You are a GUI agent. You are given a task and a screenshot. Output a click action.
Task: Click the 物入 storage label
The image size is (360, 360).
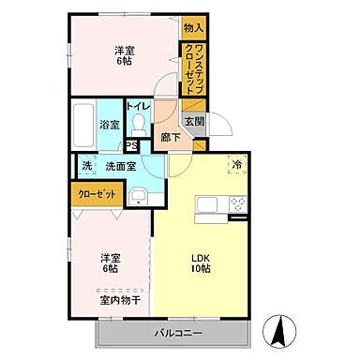[193, 27]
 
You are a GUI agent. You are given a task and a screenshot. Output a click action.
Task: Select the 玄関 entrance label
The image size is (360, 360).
[194, 120]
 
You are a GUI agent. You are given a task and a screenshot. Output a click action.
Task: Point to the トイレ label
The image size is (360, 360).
[136, 106]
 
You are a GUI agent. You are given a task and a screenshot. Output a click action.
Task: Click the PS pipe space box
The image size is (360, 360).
[132, 144]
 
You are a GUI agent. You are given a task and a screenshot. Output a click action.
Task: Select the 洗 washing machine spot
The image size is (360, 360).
[86, 166]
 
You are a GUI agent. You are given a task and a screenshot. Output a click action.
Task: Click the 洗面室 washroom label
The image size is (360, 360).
[120, 166]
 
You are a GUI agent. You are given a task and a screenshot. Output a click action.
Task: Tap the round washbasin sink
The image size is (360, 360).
[139, 196]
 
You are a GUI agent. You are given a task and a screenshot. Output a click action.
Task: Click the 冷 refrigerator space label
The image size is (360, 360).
[238, 164]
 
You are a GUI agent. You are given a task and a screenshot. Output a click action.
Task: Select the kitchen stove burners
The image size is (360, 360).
[236, 204]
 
